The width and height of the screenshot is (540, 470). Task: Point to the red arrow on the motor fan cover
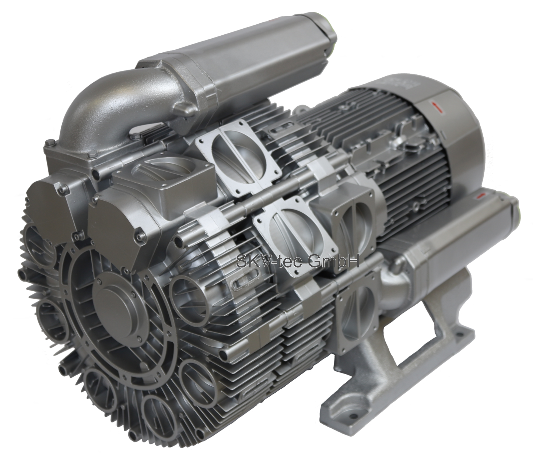[436, 106]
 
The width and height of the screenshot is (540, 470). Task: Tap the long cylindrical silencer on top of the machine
[236, 55]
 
